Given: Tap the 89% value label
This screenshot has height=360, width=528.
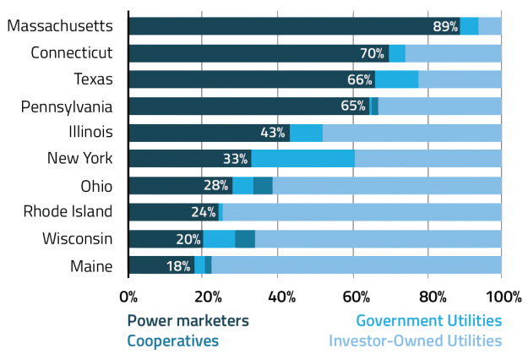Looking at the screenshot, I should pos(444,27).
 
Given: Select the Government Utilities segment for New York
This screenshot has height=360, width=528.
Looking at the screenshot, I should pos(302,158).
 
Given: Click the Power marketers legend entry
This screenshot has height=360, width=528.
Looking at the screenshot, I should pos(188,321).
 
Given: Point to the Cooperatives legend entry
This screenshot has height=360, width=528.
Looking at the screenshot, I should pos(172,341).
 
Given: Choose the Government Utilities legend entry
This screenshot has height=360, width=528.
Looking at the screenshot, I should pos(428,321).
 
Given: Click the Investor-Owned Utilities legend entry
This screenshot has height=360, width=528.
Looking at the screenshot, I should pos(415,341).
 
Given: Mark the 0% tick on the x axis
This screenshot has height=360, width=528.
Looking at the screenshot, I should pos(128,297).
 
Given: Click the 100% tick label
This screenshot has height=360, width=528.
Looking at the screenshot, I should pos(502,297).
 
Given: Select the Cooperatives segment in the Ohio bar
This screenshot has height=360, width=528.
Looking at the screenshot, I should pos(263,185).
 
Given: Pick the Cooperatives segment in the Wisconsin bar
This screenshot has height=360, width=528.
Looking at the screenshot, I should pos(245,238).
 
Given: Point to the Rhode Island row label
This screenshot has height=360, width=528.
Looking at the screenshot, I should pos(67,211).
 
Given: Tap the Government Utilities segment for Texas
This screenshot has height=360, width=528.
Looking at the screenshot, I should pos(397,79).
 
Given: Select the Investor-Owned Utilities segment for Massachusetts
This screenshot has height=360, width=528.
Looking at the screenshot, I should pos(490,26).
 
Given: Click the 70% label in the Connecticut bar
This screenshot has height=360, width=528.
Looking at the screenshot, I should pos(373,53).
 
